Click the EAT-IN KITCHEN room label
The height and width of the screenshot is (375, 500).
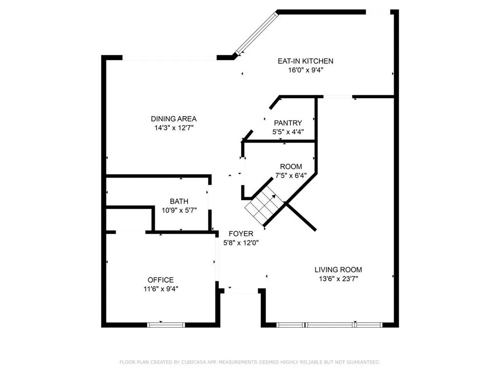pos(305,61)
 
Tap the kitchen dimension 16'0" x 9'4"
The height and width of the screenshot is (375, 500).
pos(305,70)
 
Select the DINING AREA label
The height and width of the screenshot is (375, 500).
pos(173,119)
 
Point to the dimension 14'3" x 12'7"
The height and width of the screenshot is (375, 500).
pos(173,127)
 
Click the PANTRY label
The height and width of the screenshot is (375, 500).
pos(288,123)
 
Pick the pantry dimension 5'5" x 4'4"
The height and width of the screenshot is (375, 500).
pos(288,132)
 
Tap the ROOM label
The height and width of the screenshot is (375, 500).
pos(291,167)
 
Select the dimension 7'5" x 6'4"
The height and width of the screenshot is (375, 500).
pos(291,175)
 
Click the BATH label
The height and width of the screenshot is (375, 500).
pos(179,201)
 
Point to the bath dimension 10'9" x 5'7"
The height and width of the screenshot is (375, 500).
pos(179,210)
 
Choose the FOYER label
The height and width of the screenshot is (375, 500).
pos(241,234)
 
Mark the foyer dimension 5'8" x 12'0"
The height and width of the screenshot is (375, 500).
pos(241,243)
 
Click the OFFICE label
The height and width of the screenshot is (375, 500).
pos(161,280)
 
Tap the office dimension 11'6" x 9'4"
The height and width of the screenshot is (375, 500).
pos(161,289)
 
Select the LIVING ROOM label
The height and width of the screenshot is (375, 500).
pos(338,270)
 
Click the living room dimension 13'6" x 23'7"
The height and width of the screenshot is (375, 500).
pos(338,278)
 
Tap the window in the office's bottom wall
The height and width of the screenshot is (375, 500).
pos(166,324)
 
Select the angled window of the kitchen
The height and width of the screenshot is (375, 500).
pos(255,33)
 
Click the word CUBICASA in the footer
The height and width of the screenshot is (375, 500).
pos(193,362)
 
